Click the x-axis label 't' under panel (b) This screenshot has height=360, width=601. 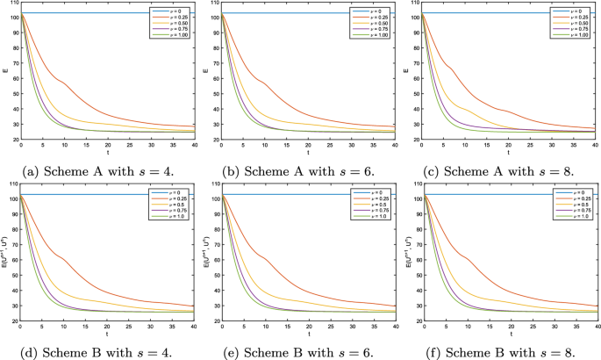pos(309,153)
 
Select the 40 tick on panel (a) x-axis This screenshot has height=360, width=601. pos(195,147)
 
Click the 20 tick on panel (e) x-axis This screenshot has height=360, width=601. pos(309,327)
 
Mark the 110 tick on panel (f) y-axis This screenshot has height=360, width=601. pos(414,184)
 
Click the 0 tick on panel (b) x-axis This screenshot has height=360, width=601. pos(223,147)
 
